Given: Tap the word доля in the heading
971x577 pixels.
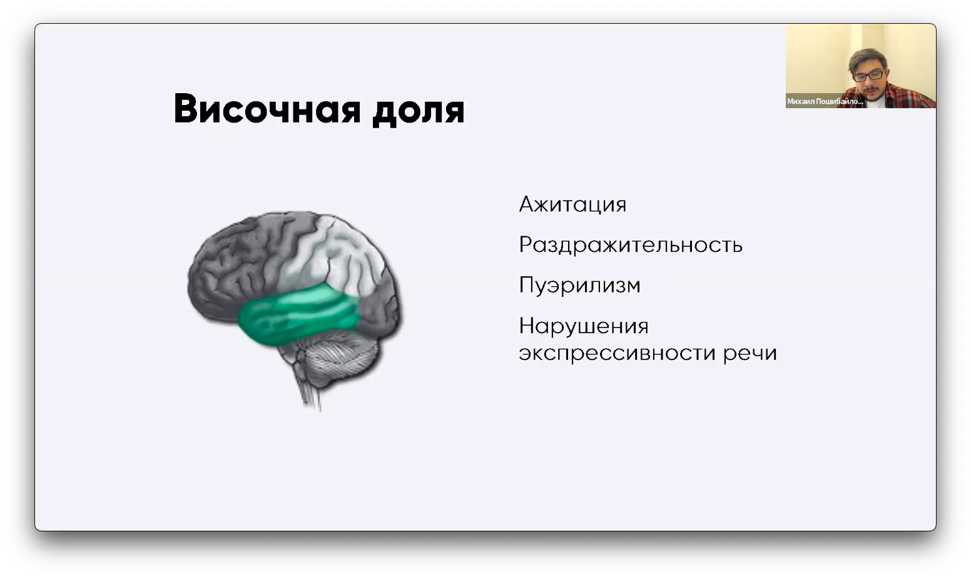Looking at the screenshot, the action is coord(419,111).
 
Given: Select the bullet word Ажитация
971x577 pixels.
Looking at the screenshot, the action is coord(572,204).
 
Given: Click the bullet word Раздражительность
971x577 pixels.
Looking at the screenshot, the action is coord(631,245).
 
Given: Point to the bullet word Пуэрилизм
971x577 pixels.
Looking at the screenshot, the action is coord(579,286).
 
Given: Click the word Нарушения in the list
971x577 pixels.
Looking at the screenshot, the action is coord(584,326).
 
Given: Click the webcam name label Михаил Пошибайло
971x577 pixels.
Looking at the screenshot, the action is coord(825,101).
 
